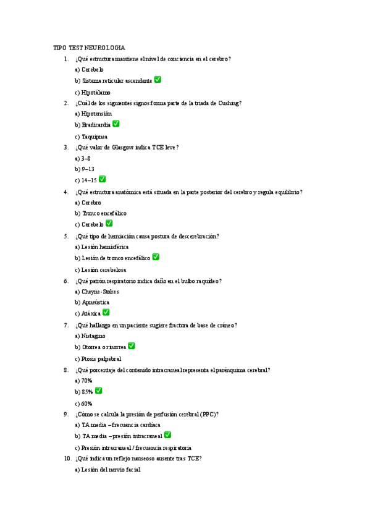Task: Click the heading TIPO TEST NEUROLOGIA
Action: pos(89,48)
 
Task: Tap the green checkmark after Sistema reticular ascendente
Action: pos(158,80)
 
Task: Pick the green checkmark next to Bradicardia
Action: pos(116,124)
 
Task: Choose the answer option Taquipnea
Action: pos(91,137)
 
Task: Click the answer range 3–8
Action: pos(86,158)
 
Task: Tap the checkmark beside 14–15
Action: pos(103,179)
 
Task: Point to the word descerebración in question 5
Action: pos(198,236)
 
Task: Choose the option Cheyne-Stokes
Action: pos(96,292)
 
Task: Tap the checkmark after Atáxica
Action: pos(106,313)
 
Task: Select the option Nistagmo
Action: pos(93,336)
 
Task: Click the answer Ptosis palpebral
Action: pos(98,358)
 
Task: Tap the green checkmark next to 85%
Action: pos(99,391)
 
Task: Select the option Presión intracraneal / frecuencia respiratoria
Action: pos(133,447)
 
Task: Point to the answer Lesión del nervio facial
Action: pos(107,470)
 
